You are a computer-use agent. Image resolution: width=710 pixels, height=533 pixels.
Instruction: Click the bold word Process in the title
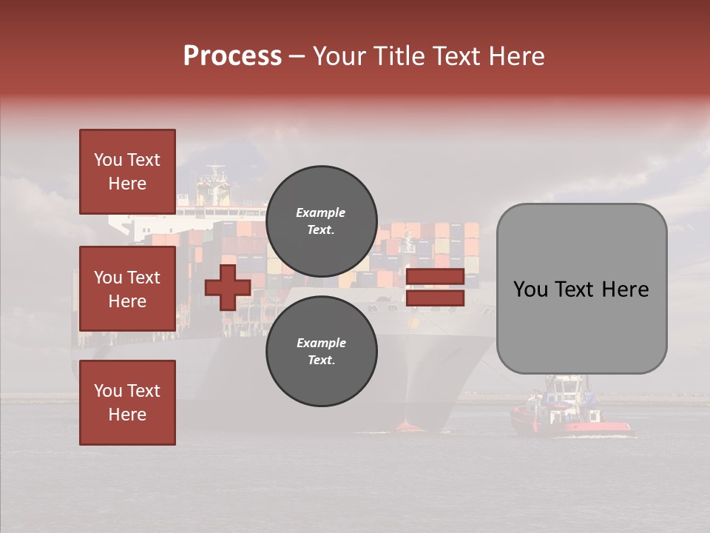point(232,56)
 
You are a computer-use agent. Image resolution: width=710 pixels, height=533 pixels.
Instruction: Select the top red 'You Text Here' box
point(127,172)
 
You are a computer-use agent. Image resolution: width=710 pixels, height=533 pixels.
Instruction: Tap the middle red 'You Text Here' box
point(127,289)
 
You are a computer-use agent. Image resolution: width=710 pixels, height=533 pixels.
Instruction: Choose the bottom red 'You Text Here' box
point(127,402)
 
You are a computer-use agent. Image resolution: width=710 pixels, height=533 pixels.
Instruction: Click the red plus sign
point(227,287)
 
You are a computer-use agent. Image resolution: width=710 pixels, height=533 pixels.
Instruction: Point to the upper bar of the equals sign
point(435,277)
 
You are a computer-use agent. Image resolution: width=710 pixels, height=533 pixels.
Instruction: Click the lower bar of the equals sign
point(435,298)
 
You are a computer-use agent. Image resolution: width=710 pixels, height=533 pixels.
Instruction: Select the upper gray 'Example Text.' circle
point(321,221)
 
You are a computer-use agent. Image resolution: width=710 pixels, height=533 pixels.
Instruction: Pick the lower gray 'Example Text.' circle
point(321,351)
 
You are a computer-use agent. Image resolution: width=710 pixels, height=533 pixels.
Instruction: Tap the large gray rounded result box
point(581,289)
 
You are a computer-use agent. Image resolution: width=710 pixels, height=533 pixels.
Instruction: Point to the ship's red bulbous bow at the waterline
point(408,426)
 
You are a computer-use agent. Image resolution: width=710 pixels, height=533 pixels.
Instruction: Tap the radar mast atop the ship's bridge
point(217,176)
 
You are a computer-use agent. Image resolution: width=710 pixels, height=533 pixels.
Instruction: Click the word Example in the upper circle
point(321,212)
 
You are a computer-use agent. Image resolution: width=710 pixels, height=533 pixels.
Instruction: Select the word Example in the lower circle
point(321,343)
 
